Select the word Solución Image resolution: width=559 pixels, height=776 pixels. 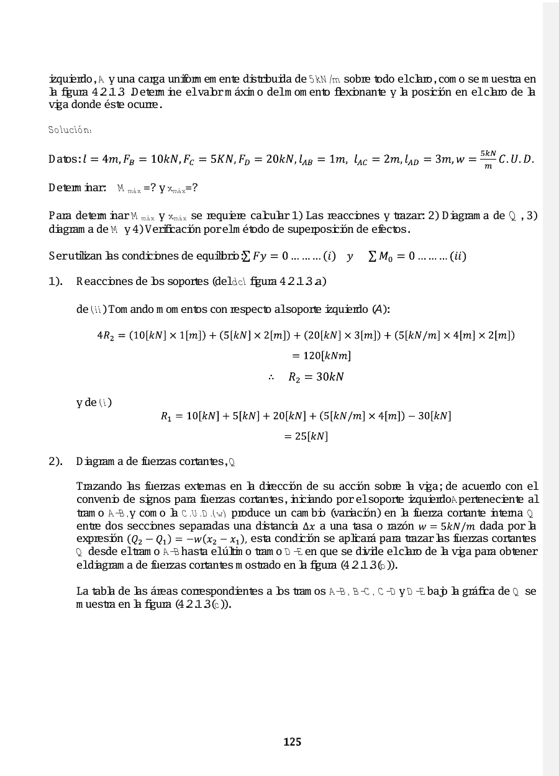70,130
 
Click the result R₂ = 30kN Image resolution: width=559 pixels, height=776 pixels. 316,377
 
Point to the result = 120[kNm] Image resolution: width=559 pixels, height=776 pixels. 321,356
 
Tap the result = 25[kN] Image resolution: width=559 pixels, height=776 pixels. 306,436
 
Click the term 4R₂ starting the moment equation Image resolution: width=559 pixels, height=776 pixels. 106,335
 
